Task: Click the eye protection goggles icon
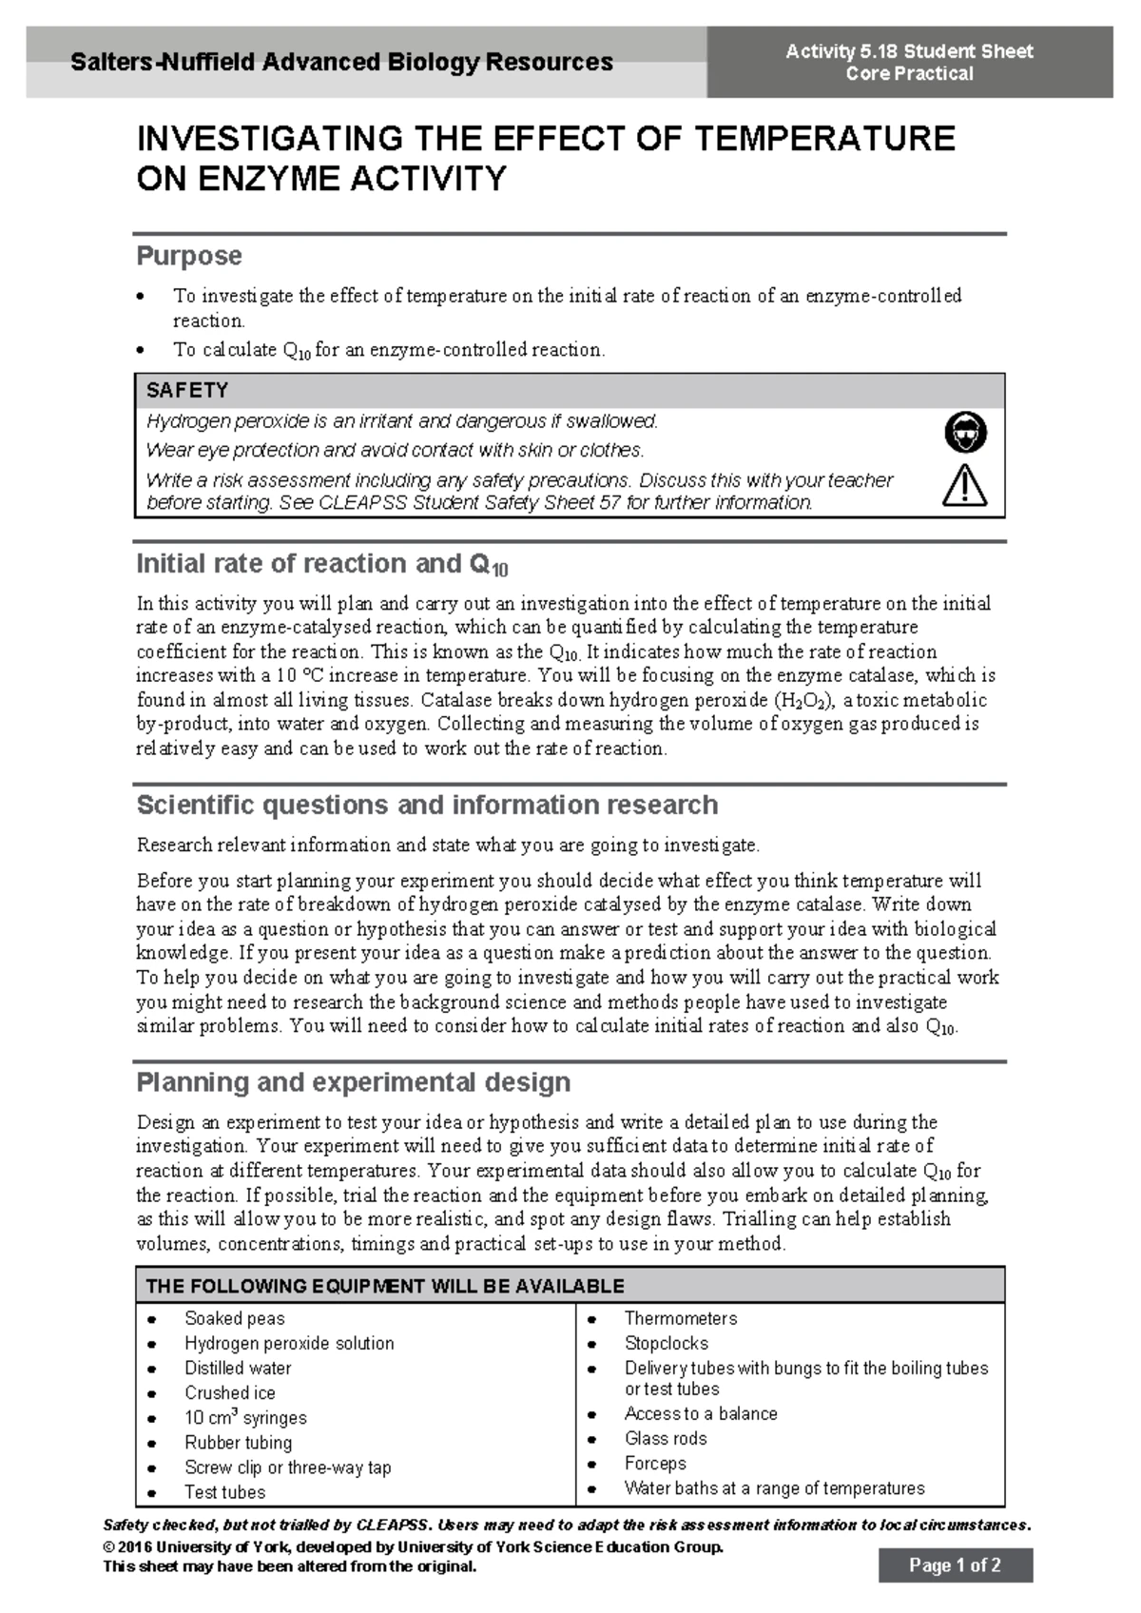click(x=965, y=433)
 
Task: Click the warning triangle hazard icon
click(x=964, y=486)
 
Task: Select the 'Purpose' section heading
click(x=189, y=256)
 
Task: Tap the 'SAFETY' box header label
click(x=187, y=391)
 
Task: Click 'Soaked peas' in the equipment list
click(x=234, y=1318)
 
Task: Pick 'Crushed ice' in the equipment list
click(x=229, y=1392)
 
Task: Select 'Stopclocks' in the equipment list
click(x=666, y=1343)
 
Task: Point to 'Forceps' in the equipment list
click(x=655, y=1463)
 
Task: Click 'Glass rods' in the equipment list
click(x=666, y=1438)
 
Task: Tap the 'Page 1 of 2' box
click(x=955, y=1564)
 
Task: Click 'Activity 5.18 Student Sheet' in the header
click(x=909, y=51)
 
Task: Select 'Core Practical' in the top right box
click(x=909, y=74)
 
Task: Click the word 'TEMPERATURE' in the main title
click(x=823, y=139)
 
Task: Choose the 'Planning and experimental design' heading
click(x=353, y=1082)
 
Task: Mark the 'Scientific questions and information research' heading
click(x=427, y=805)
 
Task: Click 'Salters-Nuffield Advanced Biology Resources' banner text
click(x=341, y=63)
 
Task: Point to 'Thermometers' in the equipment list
click(x=680, y=1318)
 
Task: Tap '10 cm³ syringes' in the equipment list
click(x=245, y=1417)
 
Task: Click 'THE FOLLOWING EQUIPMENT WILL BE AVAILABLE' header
click(x=384, y=1286)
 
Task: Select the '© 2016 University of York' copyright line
click(x=413, y=1546)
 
